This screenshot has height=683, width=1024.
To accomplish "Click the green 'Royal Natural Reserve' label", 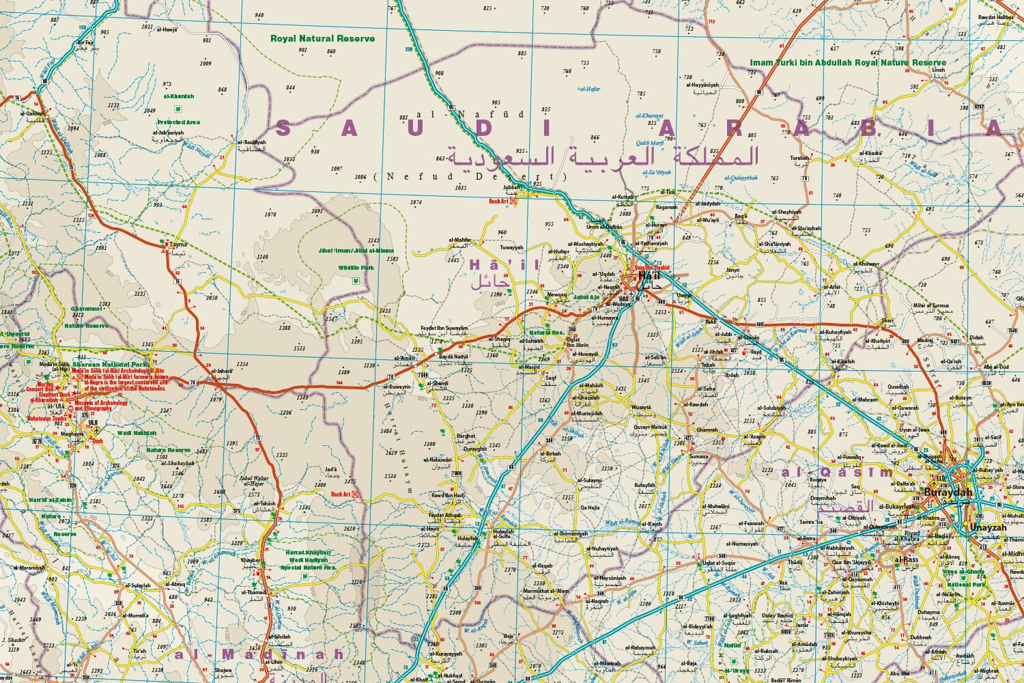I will (322, 39).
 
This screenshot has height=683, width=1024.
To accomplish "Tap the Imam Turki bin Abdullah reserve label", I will (848, 63).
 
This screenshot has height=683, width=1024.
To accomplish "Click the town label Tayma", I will (178, 244).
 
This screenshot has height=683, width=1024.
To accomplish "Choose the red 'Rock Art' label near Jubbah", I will (499, 201).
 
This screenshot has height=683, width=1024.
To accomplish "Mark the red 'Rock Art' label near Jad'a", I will (340, 494).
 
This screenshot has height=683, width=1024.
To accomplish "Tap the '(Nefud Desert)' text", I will (471, 177).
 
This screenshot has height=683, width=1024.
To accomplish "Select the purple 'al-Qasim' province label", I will (837, 473).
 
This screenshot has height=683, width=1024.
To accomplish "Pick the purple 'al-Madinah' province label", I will (259, 654).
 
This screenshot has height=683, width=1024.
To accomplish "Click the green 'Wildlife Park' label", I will (356, 268).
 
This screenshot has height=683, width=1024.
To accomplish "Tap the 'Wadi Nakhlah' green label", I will (136, 432).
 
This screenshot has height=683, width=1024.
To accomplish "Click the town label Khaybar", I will (251, 560).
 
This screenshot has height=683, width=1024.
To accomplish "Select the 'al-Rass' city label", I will (907, 559).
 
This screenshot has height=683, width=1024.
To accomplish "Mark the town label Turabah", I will (799, 158).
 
